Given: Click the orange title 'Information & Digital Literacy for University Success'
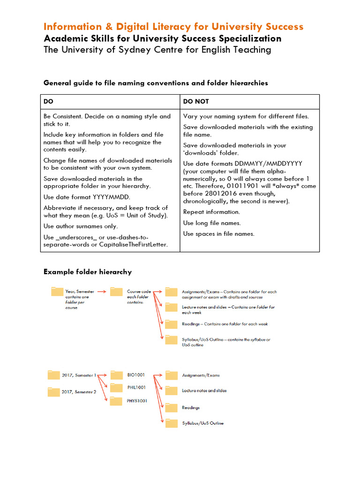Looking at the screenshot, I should (x=173, y=26).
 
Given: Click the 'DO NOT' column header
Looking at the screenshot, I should (x=196, y=101).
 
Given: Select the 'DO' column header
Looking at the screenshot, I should (x=48, y=101).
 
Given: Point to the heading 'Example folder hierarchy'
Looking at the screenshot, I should (x=88, y=272).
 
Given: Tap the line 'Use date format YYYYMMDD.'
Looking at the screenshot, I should (x=87, y=197).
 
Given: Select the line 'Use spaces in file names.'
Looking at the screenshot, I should (x=218, y=233).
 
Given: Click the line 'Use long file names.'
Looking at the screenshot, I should (x=212, y=223).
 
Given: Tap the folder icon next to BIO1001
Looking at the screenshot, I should (x=116, y=375).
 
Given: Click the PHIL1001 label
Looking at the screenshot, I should (x=136, y=388).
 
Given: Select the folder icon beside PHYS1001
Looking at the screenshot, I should (x=116, y=401).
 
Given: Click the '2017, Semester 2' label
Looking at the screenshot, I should (x=79, y=392).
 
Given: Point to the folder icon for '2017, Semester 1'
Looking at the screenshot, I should (x=54, y=375).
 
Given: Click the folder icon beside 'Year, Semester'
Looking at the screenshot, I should (x=57, y=292).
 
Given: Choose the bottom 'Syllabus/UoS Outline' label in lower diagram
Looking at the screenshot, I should (x=203, y=423).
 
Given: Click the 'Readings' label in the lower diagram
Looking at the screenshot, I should (x=191, y=408).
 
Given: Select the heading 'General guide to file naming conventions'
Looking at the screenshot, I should (x=156, y=83).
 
